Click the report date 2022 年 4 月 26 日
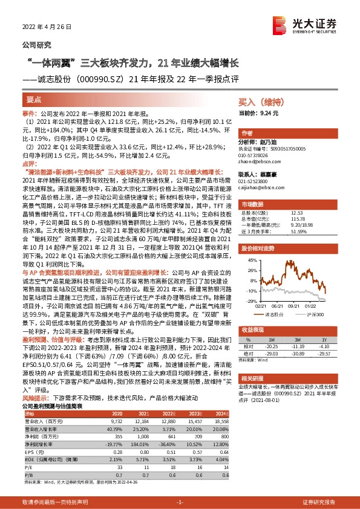(x=47, y=27)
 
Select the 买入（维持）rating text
(x=258, y=103)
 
